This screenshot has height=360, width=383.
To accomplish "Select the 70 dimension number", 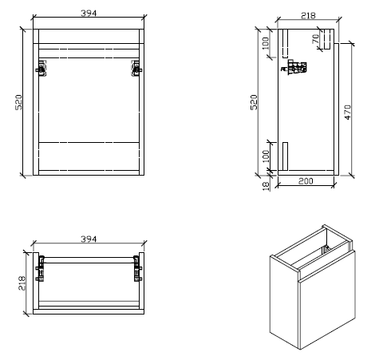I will pyautogui.click(x=316, y=38).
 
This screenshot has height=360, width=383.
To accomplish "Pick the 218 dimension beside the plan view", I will pyautogui.click(x=22, y=283).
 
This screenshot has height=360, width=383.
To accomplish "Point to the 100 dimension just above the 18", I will pyautogui.click(x=266, y=156).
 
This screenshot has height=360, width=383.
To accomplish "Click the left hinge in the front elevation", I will pyautogui.click(x=40, y=69).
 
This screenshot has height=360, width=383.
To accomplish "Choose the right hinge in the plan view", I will pyautogui.click(x=136, y=267).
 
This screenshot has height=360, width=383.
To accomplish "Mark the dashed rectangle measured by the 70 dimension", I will pyautogui.click(x=326, y=38).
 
